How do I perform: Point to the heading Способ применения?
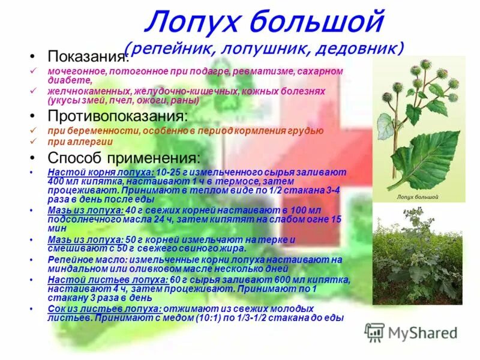point(124,158)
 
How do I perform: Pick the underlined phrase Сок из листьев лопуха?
point(86,308)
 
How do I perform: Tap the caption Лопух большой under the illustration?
point(418,196)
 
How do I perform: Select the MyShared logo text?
point(423,332)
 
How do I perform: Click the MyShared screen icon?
point(374,332)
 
